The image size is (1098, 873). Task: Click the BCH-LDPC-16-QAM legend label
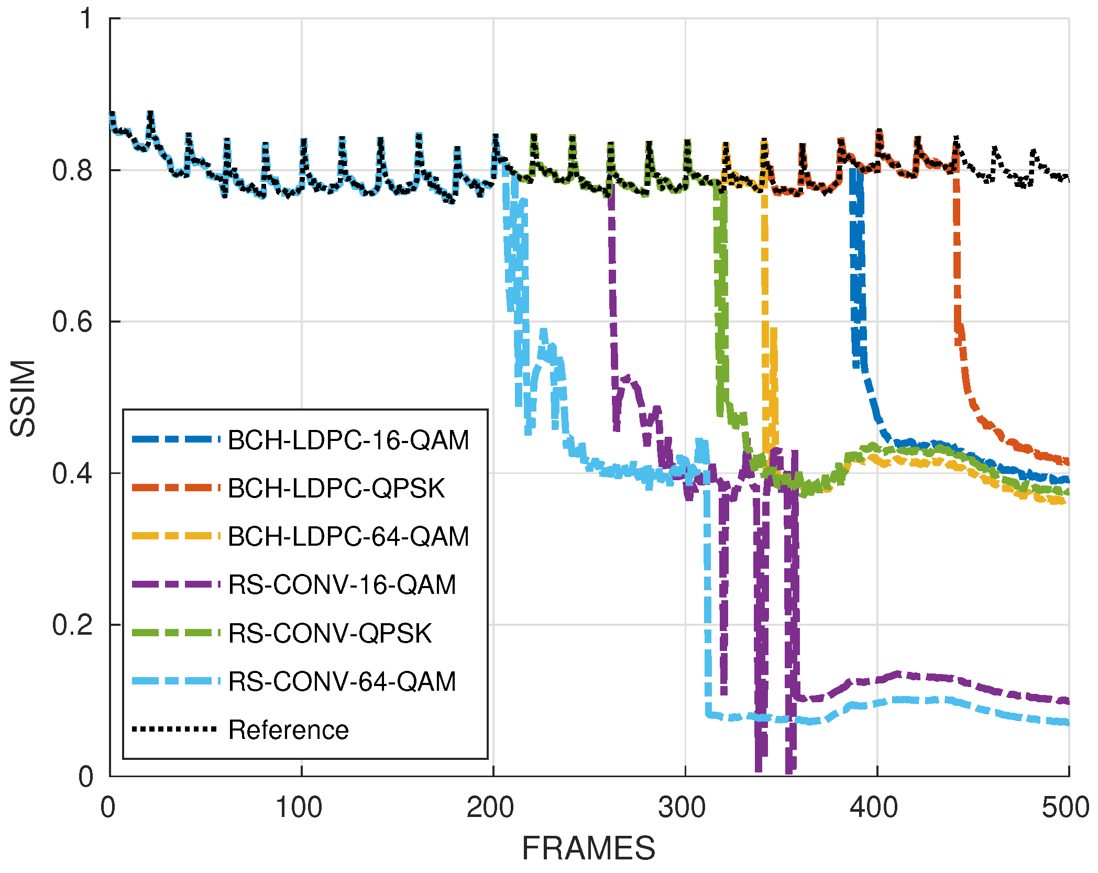coord(348,440)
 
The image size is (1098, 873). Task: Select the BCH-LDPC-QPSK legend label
coord(336,489)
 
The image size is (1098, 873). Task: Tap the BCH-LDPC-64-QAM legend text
coord(348,537)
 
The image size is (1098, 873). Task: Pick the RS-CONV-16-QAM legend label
coord(342,585)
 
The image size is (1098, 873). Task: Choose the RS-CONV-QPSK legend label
coord(330,633)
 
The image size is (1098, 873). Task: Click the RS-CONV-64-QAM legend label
coord(342,682)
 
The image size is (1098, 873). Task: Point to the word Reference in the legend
coord(288,730)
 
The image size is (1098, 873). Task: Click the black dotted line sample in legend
coord(174,729)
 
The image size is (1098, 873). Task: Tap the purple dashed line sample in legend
coord(174,584)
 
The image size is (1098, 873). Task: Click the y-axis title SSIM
coord(23,398)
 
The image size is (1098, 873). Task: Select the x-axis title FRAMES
coord(588,848)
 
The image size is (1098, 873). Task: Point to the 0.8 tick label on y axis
coord(72,170)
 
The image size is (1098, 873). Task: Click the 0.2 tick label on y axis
coord(72,625)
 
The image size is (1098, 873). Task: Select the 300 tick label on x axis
coord(685,807)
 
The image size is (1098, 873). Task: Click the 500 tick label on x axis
coord(1067,807)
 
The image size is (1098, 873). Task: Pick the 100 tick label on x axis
coord(300,807)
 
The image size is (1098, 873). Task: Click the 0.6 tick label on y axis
coord(72,322)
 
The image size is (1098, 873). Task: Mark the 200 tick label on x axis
coord(492,807)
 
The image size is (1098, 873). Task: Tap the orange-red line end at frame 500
coord(1067,461)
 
